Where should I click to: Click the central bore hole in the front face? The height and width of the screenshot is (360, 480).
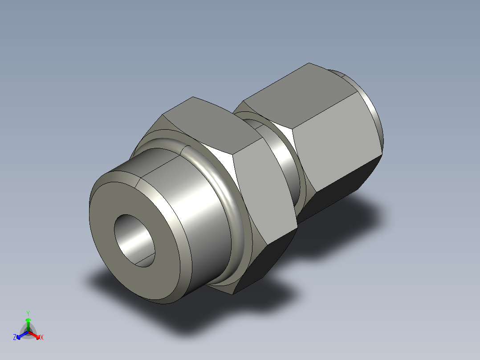[134, 241]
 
